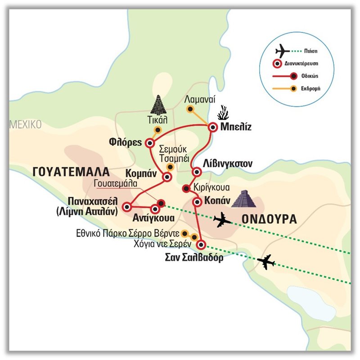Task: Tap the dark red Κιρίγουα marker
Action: click(x=185, y=188)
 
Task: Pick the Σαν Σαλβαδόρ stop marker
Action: click(x=201, y=245)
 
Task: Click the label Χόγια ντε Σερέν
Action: click(x=160, y=242)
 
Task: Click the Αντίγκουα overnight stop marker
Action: click(x=155, y=209)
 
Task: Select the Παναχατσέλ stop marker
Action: click(x=127, y=206)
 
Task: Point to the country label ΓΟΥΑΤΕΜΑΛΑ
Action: click(x=71, y=171)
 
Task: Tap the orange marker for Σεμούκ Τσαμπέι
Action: click(x=170, y=167)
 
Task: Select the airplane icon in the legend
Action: click(x=283, y=49)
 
